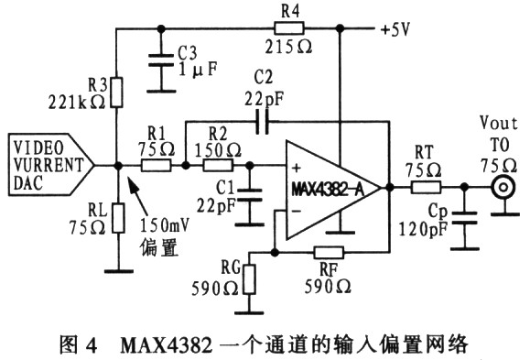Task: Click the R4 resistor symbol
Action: pos(289,28)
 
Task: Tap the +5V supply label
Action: pos(395,29)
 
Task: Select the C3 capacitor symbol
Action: pos(161,60)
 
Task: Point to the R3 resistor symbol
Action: pos(116,93)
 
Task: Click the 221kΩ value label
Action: pos(77,102)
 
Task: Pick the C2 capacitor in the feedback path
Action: pos(263,121)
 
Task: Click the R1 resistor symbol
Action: pos(156,166)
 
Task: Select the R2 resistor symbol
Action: pos(218,166)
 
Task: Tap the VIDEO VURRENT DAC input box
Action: pos(51,165)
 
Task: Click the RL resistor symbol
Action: pos(118,218)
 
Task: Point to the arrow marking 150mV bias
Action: pos(137,195)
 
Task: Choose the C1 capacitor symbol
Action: pos(250,195)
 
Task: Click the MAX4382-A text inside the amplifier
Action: pos(328,190)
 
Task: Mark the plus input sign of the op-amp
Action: pos(297,168)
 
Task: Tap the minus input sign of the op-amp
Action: pos(296,212)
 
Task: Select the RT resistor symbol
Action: pos(426,187)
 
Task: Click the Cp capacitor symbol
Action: pos(464,218)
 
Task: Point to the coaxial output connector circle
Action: pos(503,187)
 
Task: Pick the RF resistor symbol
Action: pos(329,252)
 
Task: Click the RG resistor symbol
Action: pos(250,279)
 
